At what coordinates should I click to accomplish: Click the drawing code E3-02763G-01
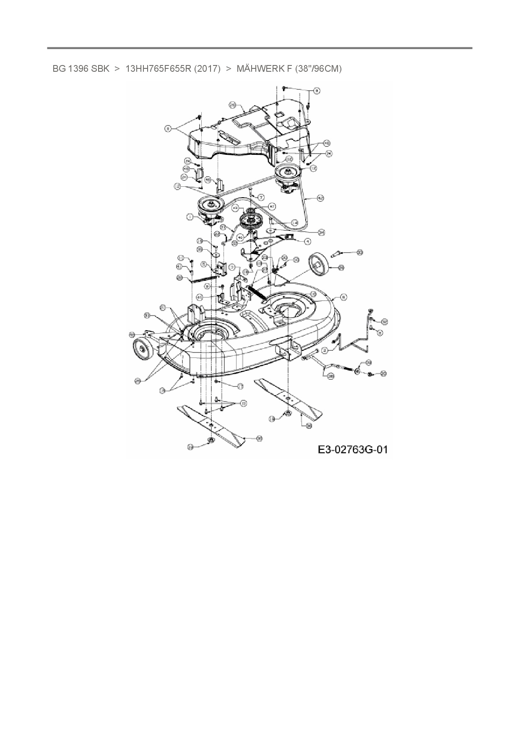tap(352, 450)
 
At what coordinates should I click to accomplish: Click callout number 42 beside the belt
tap(320, 197)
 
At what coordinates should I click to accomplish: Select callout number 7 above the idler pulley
tap(261, 197)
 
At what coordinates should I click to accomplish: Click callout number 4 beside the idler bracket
tap(308, 241)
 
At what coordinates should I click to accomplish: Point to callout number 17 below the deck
tap(240, 386)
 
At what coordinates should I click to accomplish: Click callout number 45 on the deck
tap(200, 297)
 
